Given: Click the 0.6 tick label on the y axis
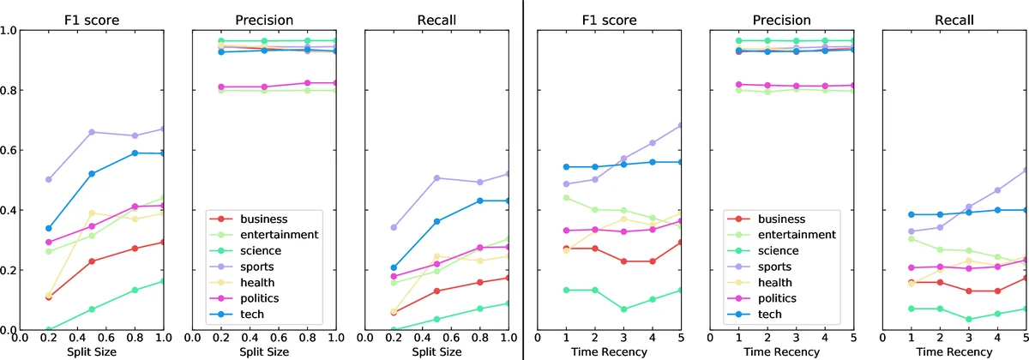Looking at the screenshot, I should point(8,150).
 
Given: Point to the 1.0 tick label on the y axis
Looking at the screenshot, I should point(8,30).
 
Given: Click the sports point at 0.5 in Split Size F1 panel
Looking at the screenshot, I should point(92,132).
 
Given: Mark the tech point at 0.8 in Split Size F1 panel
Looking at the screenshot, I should point(134,153).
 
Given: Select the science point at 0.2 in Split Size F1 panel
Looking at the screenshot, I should point(49,330).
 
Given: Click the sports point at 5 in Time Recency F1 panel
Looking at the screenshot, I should point(681,125).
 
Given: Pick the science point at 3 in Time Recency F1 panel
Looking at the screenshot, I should point(623,309).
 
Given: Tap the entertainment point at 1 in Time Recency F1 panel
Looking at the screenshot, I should point(566,198).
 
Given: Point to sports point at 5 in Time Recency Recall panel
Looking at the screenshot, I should point(1026,170).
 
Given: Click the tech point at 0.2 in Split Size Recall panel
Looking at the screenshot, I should point(394,267).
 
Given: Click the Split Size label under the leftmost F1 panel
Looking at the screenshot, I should point(91,352).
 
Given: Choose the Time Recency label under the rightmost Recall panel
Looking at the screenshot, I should point(954,352).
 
